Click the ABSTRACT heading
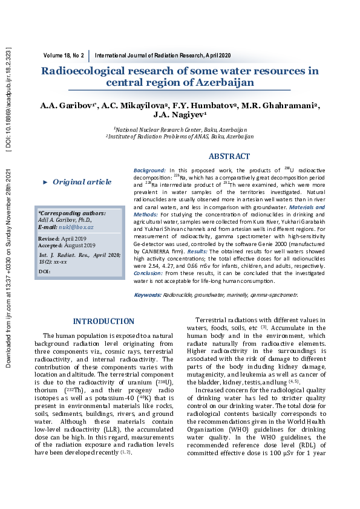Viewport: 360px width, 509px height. coord(229,156)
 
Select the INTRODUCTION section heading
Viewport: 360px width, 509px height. coord(103,321)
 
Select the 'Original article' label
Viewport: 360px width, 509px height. coord(82,181)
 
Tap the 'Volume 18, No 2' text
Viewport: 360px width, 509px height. coord(64,55)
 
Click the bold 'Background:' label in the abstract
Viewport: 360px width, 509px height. coord(149,171)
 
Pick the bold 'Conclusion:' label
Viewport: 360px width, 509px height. coord(149,273)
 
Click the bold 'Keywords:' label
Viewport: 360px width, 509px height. coord(147,294)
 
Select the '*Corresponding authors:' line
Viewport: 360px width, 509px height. coord(71,213)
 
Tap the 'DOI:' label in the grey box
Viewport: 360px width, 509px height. coord(44,272)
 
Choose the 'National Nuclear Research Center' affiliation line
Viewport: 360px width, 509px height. coord(180,129)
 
